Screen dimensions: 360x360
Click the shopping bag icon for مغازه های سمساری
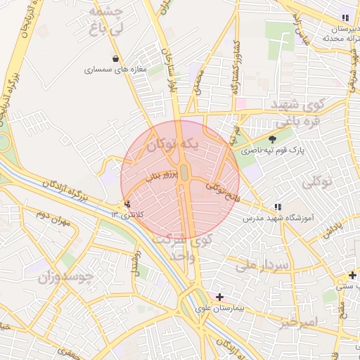pos(115,58)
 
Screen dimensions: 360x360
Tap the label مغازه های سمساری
pos(115,70)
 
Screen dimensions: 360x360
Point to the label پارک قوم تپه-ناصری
pos(271,150)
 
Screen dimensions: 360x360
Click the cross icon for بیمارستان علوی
pos(220,297)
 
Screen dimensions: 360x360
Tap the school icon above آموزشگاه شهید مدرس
pos(277,207)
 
